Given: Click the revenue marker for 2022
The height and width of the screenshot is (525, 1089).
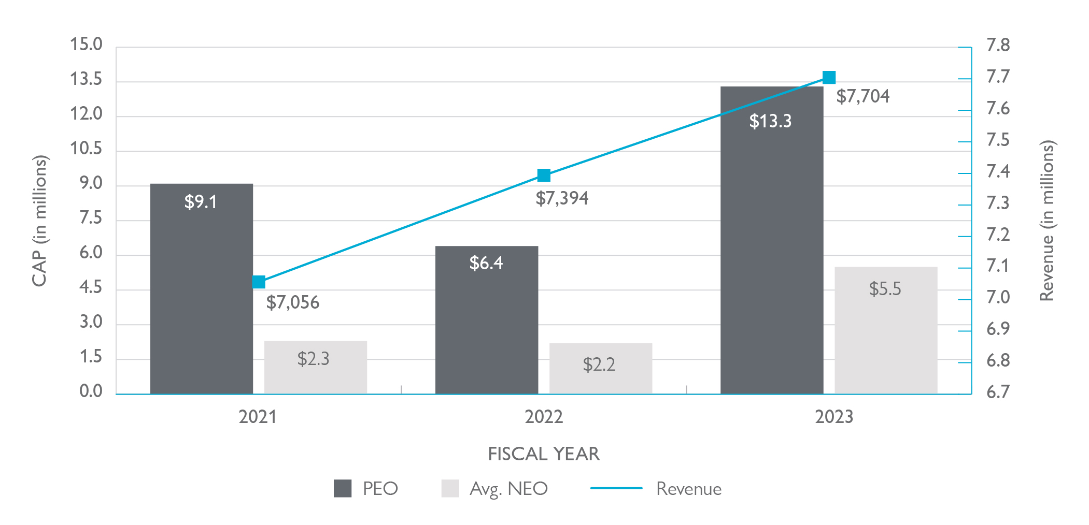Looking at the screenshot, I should (x=544, y=176).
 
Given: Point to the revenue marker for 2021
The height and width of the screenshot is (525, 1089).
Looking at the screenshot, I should (x=259, y=282).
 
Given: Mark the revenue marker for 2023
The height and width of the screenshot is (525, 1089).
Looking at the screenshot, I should (x=829, y=78).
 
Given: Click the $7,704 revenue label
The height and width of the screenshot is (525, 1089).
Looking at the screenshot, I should (x=862, y=96).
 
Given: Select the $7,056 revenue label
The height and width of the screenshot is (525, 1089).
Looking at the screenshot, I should (x=292, y=302).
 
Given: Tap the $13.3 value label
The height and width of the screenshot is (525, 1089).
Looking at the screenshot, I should (x=770, y=121).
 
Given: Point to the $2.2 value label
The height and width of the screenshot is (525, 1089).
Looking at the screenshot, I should (x=599, y=364).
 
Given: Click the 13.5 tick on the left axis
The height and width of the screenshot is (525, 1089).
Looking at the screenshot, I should (x=86, y=79).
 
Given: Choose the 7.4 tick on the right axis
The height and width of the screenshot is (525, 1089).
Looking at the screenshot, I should (x=998, y=171).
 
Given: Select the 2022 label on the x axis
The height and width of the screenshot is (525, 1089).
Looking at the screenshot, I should (x=543, y=417).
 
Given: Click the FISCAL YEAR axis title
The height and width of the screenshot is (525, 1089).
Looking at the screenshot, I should (x=544, y=454).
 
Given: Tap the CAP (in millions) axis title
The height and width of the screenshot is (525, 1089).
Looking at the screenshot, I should (x=39, y=221).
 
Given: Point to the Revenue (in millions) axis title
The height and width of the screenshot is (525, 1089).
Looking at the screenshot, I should (x=1047, y=221).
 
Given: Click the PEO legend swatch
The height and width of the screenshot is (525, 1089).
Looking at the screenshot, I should (x=343, y=488).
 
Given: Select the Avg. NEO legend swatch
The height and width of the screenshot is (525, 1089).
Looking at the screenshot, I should (x=450, y=488).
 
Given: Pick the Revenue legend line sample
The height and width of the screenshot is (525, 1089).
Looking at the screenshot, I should (x=616, y=488).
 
